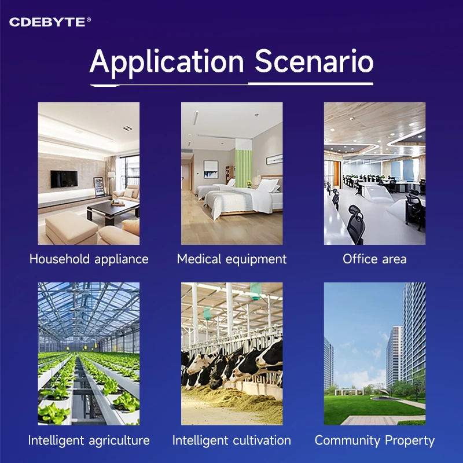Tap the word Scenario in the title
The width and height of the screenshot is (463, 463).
(314, 61)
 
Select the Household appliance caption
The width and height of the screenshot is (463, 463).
(89, 259)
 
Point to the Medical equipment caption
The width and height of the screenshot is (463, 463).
(232, 259)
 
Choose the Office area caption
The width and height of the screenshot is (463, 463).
(374, 259)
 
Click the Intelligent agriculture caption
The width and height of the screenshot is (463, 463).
(89, 440)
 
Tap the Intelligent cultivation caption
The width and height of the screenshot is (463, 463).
(232, 440)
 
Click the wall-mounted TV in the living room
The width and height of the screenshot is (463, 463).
(64, 179)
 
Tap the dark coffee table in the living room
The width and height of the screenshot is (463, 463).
(112, 210)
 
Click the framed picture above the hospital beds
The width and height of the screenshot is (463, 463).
(211, 170)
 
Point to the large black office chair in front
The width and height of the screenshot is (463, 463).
(356, 225)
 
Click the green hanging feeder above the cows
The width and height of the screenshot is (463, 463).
(255, 291)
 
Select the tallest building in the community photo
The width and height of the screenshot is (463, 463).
(414, 334)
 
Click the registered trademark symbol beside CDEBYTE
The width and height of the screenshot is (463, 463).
(89, 20)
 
